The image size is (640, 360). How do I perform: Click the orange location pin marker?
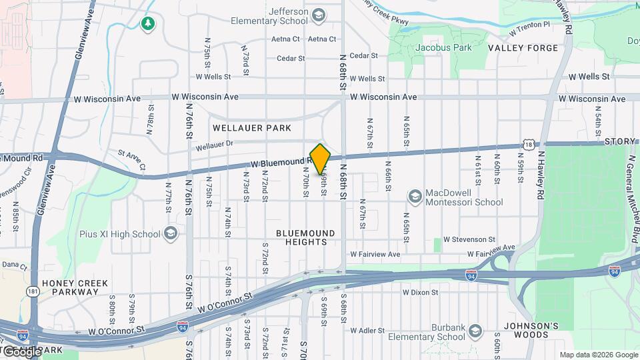tap(321, 159)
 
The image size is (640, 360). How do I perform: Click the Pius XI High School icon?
tap(171, 233)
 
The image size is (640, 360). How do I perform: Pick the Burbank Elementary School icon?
tap(475, 331)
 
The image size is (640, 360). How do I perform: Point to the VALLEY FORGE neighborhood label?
tap(523, 48)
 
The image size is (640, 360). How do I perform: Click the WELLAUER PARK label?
tap(243, 127)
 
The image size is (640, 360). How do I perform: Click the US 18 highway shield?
tap(529, 145)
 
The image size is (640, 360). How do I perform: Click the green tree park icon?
tap(147, 24)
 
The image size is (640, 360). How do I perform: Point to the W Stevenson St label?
tap(469, 239)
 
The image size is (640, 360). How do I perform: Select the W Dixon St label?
tap(420, 292)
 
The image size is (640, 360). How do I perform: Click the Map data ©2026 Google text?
tap(598, 355)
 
